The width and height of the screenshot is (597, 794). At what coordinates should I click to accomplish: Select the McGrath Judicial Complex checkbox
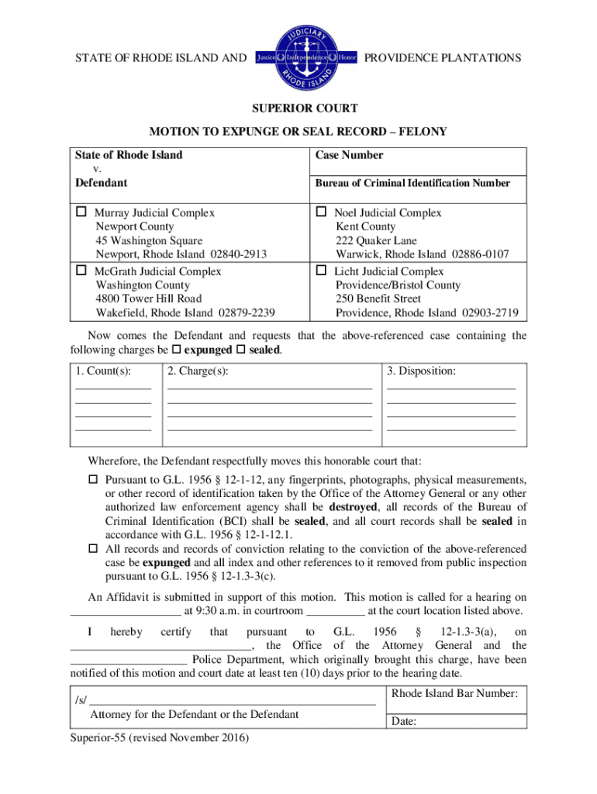click(81, 271)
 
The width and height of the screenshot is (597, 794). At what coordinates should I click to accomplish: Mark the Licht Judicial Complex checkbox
click(321, 271)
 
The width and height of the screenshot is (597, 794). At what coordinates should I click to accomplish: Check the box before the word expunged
click(177, 350)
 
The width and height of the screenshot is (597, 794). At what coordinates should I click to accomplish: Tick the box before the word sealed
click(239, 350)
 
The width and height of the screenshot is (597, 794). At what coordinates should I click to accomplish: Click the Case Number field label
click(349, 155)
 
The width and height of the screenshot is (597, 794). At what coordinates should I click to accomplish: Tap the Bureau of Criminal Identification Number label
click(412, 183)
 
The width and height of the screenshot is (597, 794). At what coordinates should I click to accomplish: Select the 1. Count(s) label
click(103, 371)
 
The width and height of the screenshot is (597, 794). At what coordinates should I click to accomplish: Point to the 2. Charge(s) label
click(198, 371)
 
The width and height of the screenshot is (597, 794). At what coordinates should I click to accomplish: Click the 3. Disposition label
click(422, 371)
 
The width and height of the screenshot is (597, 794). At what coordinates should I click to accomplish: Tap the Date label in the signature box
click(404, 722)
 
